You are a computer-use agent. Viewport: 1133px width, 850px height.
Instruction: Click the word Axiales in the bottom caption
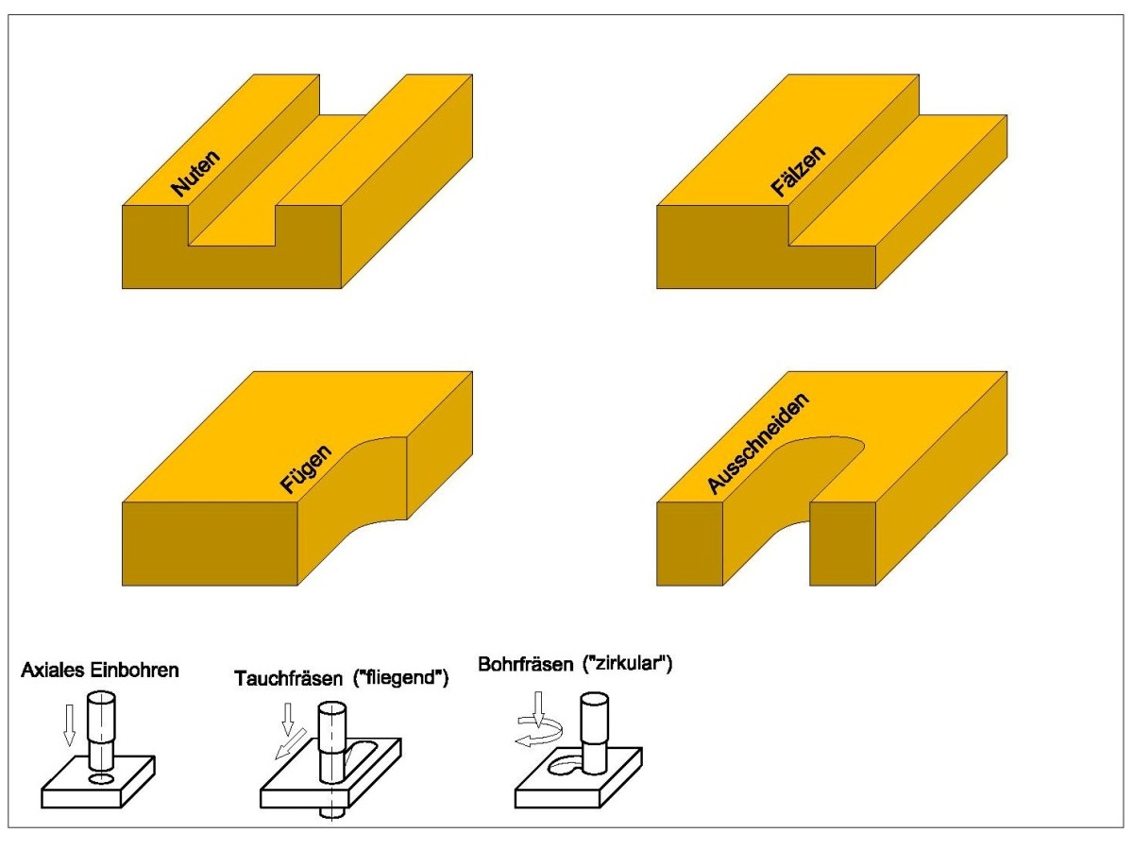pyautogui.click(x=50, y=671)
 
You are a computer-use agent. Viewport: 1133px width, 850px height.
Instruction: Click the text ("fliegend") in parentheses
pyautogui.click(x=399, y=677)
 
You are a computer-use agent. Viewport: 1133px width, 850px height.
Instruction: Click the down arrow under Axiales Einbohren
pyautogui.click(x=67, y=723)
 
